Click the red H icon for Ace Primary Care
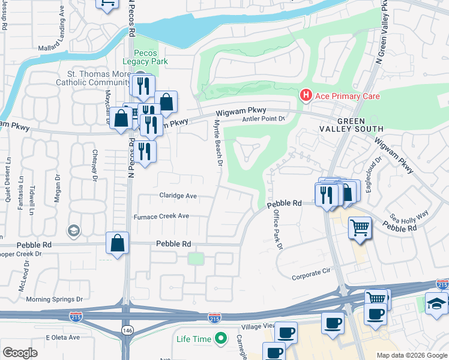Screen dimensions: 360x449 (306, 95)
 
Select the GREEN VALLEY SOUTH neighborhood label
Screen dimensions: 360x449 (356, 124)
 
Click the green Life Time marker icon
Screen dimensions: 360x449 (220, 339)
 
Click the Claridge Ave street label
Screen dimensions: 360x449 (178, 196)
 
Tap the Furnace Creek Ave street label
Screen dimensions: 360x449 (161, 216)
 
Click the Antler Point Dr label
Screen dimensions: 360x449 (263, 119)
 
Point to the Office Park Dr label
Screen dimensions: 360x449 (277, 229)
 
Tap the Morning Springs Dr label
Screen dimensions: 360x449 (54, 299)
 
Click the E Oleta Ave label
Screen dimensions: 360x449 (63, 337)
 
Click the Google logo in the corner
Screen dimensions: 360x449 (20, 352)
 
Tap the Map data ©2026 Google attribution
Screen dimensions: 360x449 (411, 355)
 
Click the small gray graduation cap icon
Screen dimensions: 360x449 (73, 231)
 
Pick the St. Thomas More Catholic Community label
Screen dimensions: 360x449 (93, 79)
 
